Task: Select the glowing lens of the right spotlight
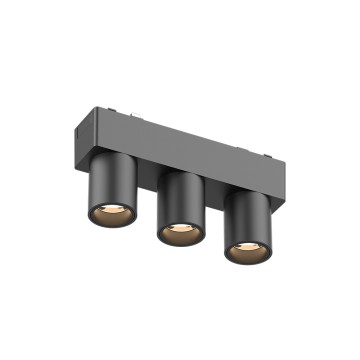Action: [246, 250]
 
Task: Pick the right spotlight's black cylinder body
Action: [246, 214]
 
